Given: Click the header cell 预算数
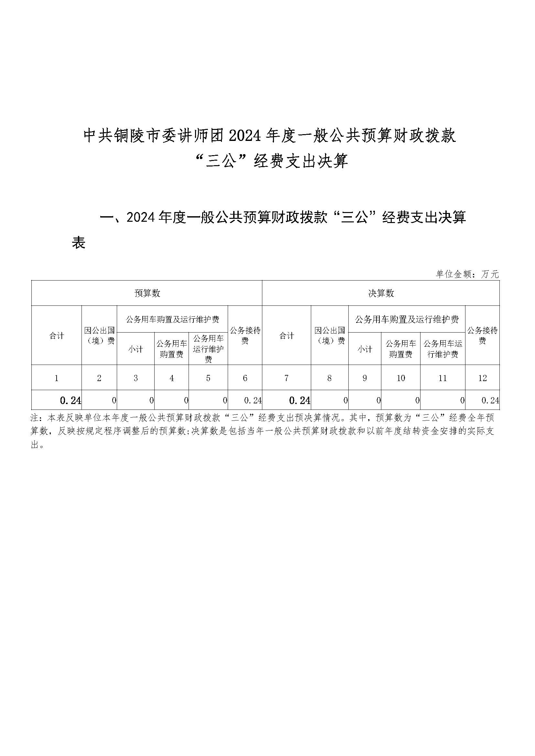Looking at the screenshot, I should coord(147,293).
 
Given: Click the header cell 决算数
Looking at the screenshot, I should coord(381,293).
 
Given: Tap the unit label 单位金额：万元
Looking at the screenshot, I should coord(467,274).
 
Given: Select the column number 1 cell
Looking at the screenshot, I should coord(56,378).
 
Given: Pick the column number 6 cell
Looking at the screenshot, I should coord(245,378).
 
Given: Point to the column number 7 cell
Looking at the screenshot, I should coord(286,378).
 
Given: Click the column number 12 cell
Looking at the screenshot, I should coord(482,378).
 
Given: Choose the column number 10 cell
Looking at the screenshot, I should coord(400,378).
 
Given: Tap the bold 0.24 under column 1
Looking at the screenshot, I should coord(71,400).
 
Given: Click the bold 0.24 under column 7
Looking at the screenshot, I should coord(300,400).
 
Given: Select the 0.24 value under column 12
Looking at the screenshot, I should coord(490,400).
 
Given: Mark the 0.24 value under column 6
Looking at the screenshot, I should coord(253,400).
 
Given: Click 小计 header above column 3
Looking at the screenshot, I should coord(136,349).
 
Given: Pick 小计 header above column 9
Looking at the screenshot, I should coord(365,349).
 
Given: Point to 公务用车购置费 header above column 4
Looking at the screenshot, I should coord(171,349).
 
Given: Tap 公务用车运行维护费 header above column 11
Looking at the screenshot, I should coord(442,349).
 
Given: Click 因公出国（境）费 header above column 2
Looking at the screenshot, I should coord(99,335).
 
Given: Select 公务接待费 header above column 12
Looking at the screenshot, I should coord(482,335).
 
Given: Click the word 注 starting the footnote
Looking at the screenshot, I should coord(34,418).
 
